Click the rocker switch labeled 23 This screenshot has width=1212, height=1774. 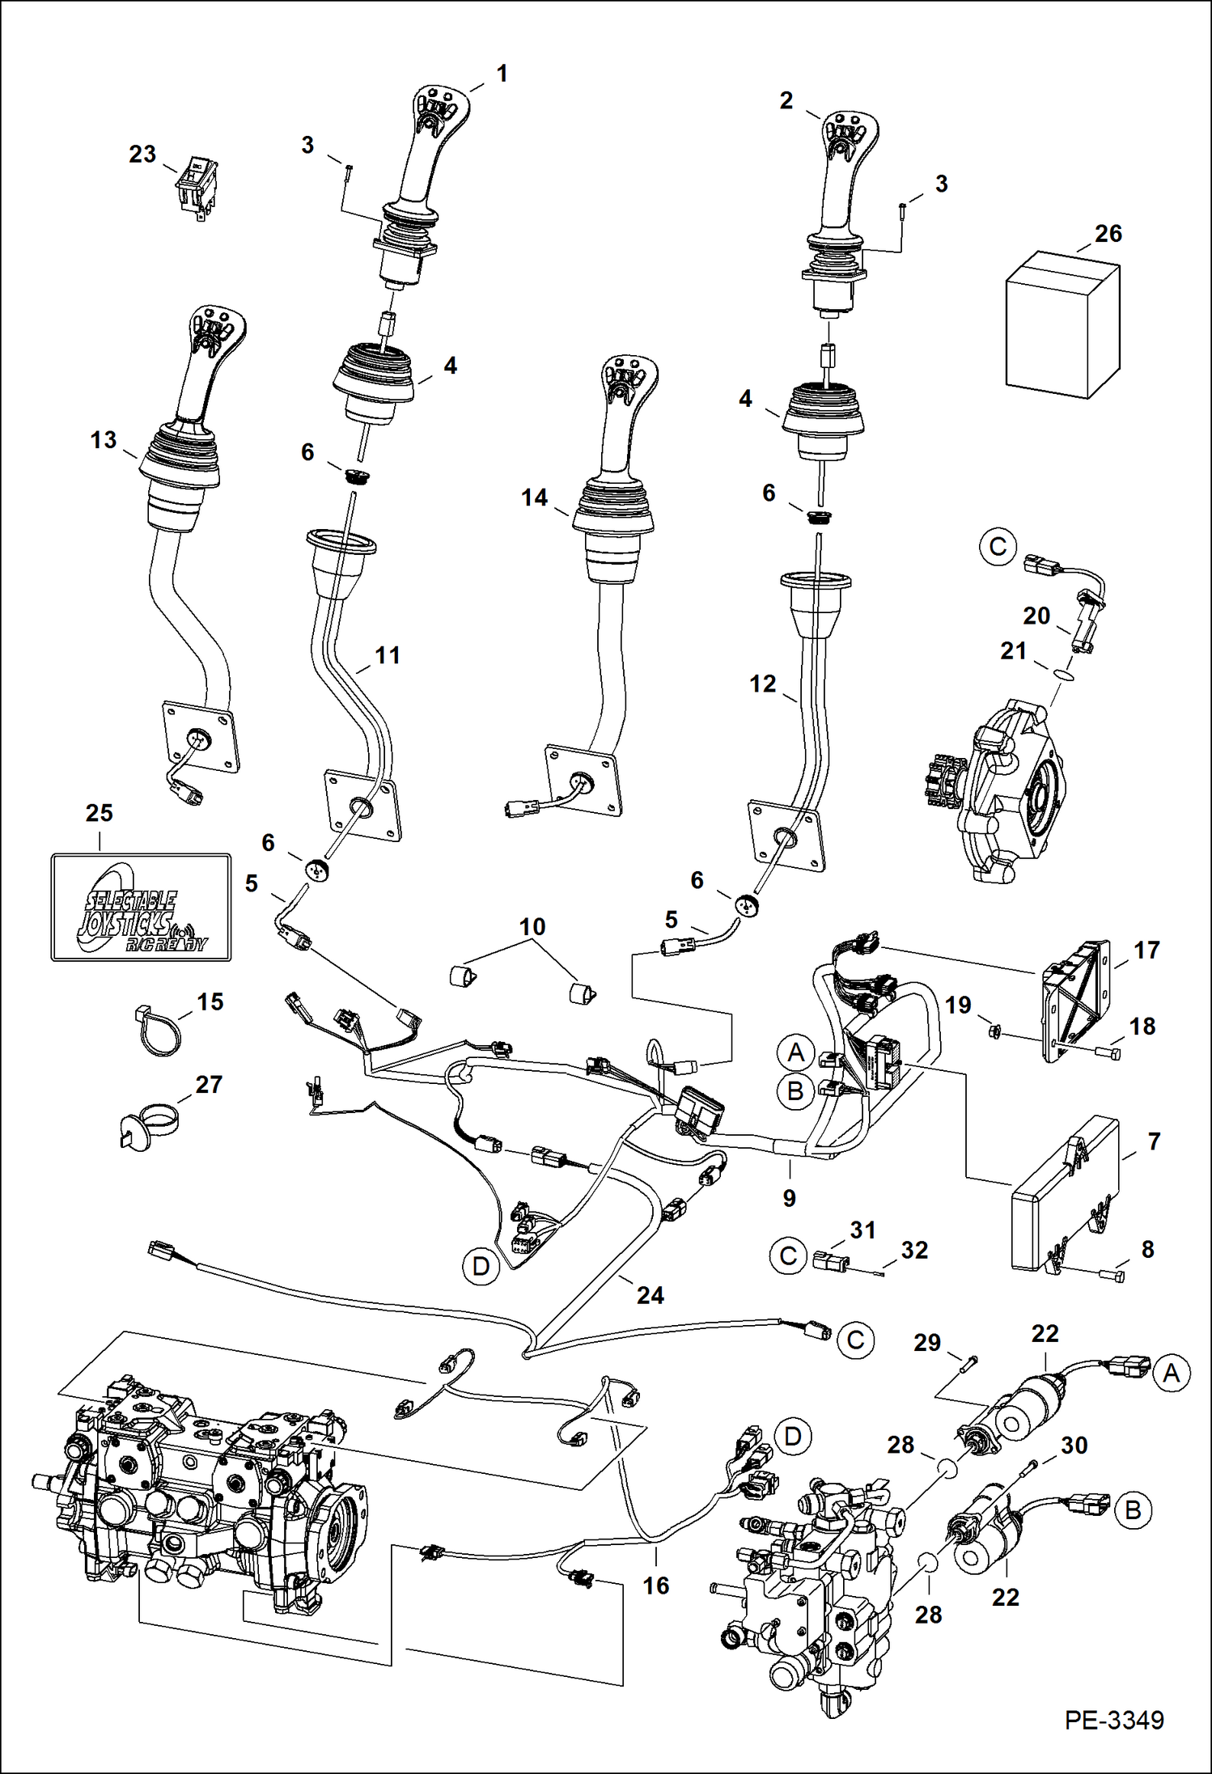coord(197,189)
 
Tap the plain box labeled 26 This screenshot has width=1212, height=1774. coord(1062,325)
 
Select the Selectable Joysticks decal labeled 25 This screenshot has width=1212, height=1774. coord(141,907)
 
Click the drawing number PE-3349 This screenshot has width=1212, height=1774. coord(1113,1720)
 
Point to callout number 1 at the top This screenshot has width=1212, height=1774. coord(502,74)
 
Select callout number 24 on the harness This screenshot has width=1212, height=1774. coord(650,1295)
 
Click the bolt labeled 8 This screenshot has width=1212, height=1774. coord(1112,1276)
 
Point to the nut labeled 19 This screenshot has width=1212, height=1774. coord(996,1031)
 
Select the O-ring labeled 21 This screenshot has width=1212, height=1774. coord(1065,673)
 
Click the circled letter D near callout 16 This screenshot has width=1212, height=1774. coord(792,1436)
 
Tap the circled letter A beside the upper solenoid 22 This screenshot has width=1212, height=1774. coord(1171,1373)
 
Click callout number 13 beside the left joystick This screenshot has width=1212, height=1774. coord(104,440)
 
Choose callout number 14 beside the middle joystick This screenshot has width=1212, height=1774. coord(534,497)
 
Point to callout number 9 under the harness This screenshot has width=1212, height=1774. coord(789,1198)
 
